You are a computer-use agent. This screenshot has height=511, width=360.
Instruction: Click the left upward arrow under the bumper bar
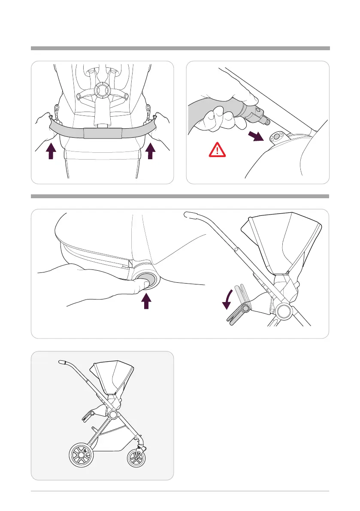[51, 151]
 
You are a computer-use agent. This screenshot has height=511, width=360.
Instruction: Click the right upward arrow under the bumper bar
[150, 151]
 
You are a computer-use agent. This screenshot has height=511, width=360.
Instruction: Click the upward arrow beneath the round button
[147, 301]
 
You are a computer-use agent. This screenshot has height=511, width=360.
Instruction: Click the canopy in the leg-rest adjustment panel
[281, 245]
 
